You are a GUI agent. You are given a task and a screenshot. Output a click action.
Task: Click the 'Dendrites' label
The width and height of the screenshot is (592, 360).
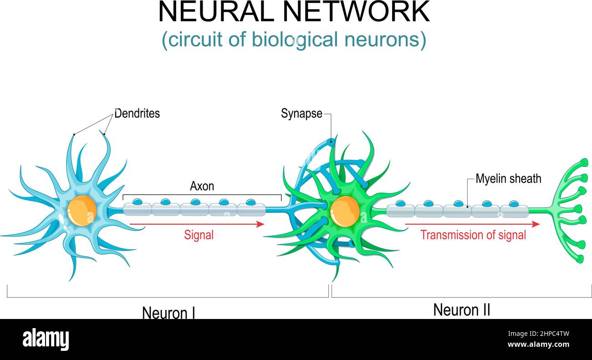(137, 113)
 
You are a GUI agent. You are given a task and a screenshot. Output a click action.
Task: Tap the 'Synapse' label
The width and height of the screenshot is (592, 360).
(301, 113)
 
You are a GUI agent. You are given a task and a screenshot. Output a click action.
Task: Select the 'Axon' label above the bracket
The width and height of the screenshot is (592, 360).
(202, 186)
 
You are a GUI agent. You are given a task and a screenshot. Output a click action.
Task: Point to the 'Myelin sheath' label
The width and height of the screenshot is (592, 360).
(508, 179)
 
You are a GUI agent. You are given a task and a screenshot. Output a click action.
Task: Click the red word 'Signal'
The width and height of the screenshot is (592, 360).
(199, 235)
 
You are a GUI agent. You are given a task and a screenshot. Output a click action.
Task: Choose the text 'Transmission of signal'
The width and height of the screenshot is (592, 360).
(473, 235)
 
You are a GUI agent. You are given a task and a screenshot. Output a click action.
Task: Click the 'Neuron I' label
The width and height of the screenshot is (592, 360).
(168, 313)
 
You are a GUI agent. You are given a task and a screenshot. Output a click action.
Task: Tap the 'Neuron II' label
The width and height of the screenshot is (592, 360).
(461, 310)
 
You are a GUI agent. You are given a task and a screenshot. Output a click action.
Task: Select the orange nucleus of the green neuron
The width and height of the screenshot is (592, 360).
(345, 211)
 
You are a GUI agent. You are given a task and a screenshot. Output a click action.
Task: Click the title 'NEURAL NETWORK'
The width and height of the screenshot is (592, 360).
(294, 12)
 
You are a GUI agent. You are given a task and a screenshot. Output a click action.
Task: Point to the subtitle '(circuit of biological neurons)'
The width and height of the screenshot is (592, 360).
(294, 40)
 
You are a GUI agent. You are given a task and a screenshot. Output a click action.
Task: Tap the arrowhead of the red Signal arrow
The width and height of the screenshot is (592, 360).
(260, 224)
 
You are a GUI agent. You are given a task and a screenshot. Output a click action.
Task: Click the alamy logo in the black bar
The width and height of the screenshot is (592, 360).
(46, 339)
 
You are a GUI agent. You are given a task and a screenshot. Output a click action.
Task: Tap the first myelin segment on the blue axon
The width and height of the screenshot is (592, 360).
(137, 210)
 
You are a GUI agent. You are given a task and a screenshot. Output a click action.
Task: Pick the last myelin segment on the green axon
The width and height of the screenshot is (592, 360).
(514, 211)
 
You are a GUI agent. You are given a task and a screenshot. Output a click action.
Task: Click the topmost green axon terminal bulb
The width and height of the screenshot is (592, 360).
(584, 162)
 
